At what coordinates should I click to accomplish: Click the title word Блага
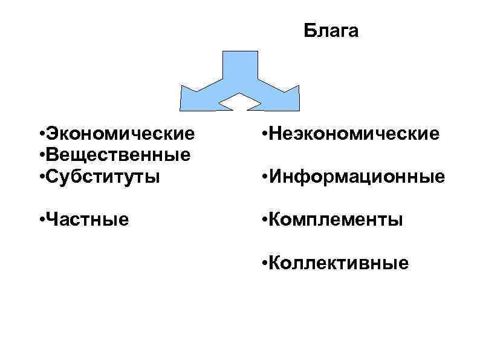331,31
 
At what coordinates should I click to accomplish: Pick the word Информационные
357,177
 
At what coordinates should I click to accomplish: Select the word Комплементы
336,218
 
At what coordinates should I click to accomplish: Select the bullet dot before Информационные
264,178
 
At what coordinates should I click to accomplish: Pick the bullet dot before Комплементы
264,219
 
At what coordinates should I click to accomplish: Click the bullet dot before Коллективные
264,263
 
